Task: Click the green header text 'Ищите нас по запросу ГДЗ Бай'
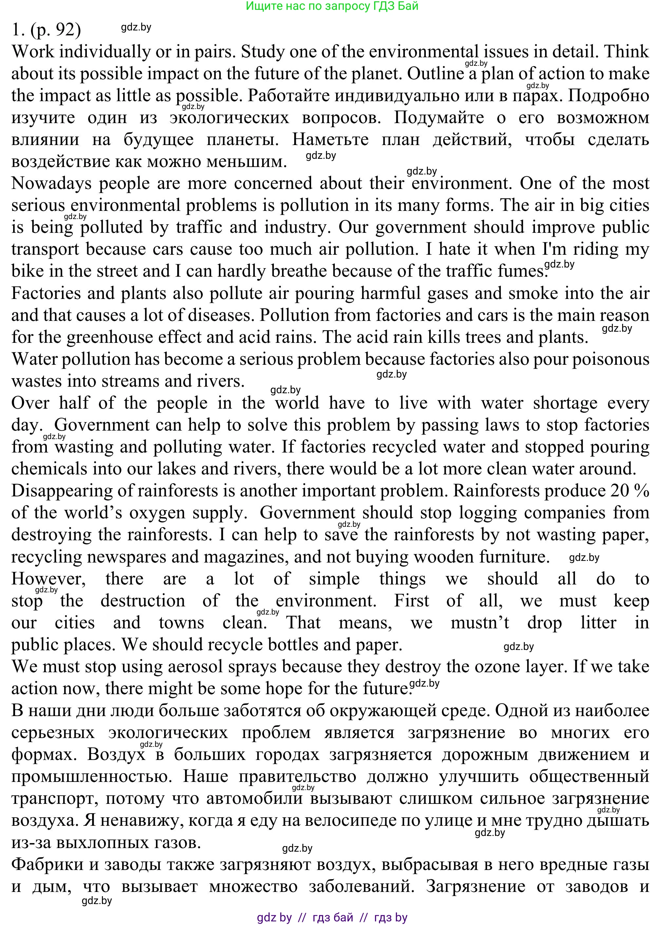click(x=332, y=6)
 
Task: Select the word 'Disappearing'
click(x=62, y=490)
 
